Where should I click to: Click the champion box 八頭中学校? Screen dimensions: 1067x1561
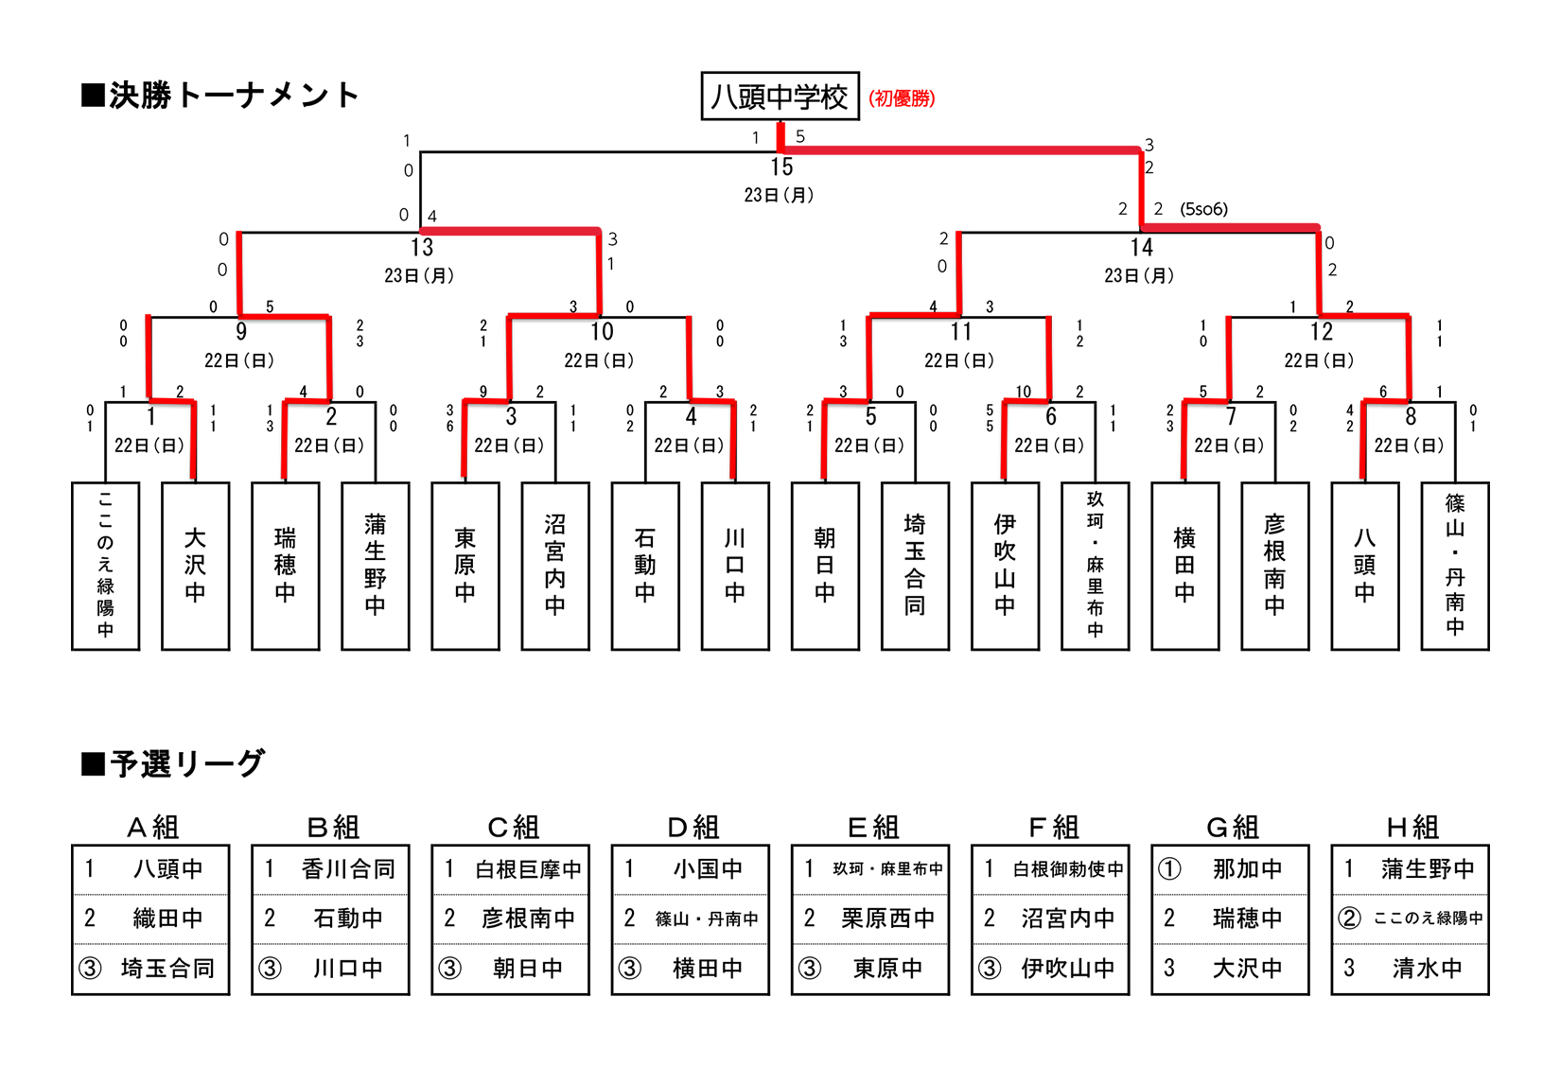780,96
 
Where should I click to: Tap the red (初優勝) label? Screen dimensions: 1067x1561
902,98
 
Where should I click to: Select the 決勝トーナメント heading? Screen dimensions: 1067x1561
221,96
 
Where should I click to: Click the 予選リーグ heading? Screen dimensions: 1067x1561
174,763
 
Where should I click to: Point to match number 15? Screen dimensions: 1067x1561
781,167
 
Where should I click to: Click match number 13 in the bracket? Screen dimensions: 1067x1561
422,248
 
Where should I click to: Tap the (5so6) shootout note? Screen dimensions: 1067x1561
1203,209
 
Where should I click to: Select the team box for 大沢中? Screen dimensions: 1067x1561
195,566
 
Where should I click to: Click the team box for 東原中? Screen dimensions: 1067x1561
465,566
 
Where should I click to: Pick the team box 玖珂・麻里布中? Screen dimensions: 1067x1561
1095,566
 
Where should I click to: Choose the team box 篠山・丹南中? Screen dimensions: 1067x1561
1455,566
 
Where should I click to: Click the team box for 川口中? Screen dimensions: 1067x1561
735,566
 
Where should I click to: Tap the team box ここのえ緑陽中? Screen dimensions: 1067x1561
105,566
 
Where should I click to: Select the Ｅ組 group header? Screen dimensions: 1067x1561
872,828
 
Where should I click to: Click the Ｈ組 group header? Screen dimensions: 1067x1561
1412,828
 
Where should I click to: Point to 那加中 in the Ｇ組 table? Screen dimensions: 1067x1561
1247,869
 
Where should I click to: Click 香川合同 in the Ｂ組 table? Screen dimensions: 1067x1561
348,869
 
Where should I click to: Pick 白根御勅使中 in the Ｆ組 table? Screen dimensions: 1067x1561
1067,869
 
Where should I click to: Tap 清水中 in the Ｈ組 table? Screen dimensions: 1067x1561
1427,969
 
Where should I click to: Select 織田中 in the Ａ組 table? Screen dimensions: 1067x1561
167,918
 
